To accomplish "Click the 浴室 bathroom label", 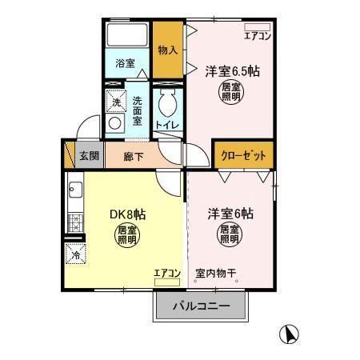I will pos(124,62).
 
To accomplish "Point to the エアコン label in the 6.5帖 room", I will pos(258,36).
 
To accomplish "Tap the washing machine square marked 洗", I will pos(116,102).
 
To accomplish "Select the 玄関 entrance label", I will pos(89,155).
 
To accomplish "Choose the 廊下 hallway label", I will pos(134,156).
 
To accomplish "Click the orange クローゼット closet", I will pos(242,154).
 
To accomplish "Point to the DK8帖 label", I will pos(127,214).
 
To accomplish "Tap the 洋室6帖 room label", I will pos(230,214).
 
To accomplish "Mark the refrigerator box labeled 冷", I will pos(74,256).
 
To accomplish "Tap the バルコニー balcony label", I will pos(202,306).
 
